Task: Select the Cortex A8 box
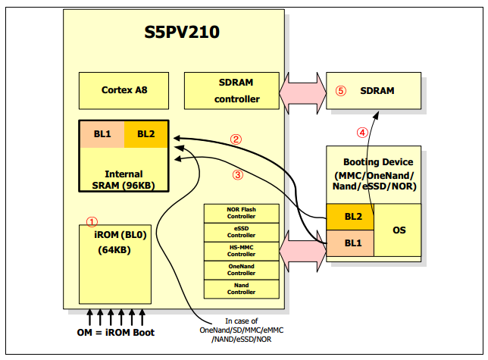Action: coord(124,90)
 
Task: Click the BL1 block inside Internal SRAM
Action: coord(102,134)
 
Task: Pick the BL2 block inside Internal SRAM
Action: coord(145,134)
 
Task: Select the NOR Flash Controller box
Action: coord(242,214)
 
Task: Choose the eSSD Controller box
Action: coord(242,233)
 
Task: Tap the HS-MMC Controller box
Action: coord(242,252)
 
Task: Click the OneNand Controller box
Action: coord(242,271)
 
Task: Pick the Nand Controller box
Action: coord(242,289)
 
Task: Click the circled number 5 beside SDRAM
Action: coord(341,90)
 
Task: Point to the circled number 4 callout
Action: coord(362,132)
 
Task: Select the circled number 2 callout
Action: coord(236,139)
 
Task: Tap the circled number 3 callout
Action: coord(237,174)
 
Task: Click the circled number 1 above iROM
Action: coord(92,222)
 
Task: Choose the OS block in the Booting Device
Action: coord(397,230)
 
